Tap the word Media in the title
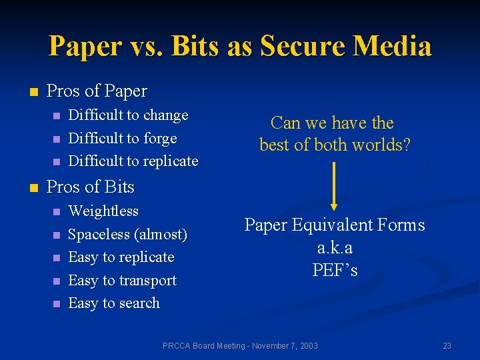(393, 47)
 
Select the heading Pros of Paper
(97, 91)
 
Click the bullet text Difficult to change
(128, 115)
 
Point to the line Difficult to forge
(123, 138)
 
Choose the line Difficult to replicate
(133, 161)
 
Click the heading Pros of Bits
(90, 187)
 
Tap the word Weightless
(103, 211)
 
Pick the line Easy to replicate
(121, 257)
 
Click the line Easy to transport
(122, 281)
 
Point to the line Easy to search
(114, 303)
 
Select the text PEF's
(335, 270)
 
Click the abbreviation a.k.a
(335, 247)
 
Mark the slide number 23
(447, 345)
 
